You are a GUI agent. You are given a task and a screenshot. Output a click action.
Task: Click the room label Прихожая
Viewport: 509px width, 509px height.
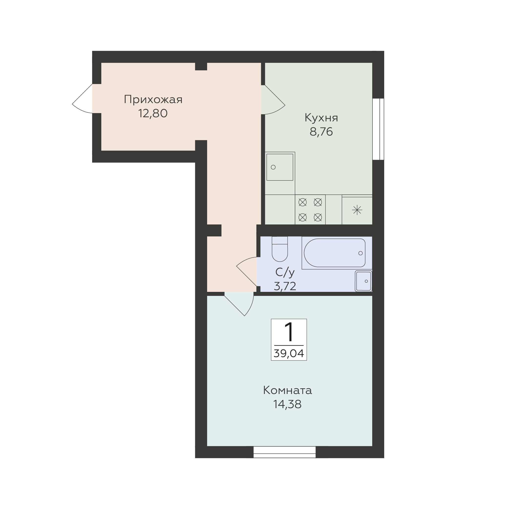point(153,100)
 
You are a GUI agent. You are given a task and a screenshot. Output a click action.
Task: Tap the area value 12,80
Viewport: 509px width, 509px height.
point(153,114)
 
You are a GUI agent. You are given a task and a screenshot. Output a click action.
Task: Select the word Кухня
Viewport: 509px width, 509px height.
point(321,118)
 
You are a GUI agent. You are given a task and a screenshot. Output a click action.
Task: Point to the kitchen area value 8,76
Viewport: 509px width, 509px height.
point(321,132)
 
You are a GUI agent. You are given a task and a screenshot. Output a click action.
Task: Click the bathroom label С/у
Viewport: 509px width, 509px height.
point(285,272)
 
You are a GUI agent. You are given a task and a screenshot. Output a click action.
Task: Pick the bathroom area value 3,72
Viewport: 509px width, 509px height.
point(285,286)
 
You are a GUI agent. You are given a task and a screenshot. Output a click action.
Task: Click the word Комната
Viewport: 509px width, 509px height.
point(287,391)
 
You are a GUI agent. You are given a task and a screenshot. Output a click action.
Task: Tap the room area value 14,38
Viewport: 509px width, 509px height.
point(287,404)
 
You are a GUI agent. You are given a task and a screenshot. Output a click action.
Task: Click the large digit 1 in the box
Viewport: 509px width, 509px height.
point(289,332)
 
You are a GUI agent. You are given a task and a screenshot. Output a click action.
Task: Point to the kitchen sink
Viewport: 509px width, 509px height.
point(280,167)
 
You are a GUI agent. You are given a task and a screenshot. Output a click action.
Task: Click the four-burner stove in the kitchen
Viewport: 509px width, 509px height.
point(310,210)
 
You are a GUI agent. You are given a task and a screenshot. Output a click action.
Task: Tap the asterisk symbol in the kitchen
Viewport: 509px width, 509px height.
point(357,210)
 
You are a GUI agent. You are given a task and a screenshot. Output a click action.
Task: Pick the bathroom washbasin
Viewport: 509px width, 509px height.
point(363,281)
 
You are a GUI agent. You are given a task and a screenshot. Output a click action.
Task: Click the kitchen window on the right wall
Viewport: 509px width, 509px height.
point(378,129)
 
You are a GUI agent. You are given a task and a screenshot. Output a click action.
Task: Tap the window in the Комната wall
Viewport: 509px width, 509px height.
point(285,452)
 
